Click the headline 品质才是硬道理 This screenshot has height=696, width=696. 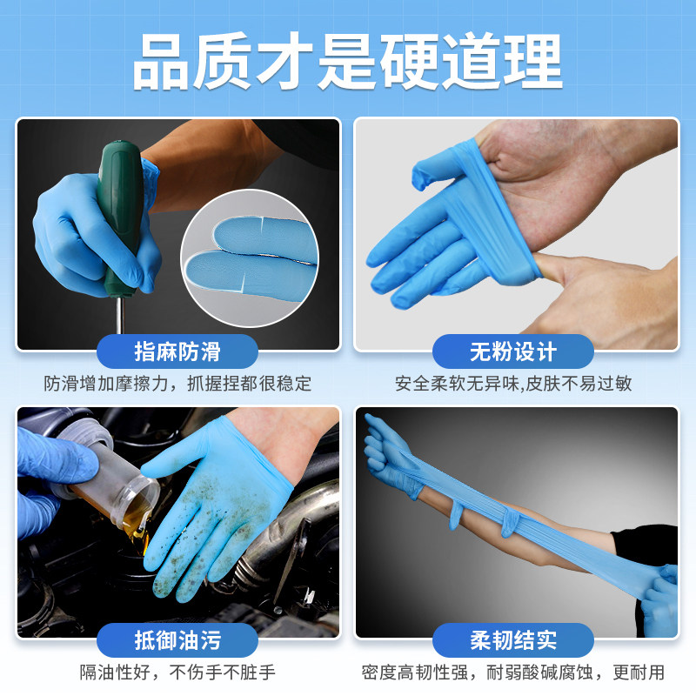[348, 63]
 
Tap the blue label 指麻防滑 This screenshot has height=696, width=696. [177, 351]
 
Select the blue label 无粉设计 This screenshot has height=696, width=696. [513, 351]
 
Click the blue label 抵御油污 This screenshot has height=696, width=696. [177, 641]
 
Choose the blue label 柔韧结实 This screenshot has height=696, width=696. [513, 641]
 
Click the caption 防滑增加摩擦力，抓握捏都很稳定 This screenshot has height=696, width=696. [177, 383]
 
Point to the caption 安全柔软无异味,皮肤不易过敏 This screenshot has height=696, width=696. [513, 383]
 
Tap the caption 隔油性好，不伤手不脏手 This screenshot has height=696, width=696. [177, 673]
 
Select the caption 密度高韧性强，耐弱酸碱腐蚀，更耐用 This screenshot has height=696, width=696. [513, 673]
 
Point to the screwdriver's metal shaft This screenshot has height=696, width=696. [119, 318]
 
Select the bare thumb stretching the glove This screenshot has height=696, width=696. [600, 278]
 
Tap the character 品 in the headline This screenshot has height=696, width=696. [165, 63]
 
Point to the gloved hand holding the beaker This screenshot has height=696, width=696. [52, 470]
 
